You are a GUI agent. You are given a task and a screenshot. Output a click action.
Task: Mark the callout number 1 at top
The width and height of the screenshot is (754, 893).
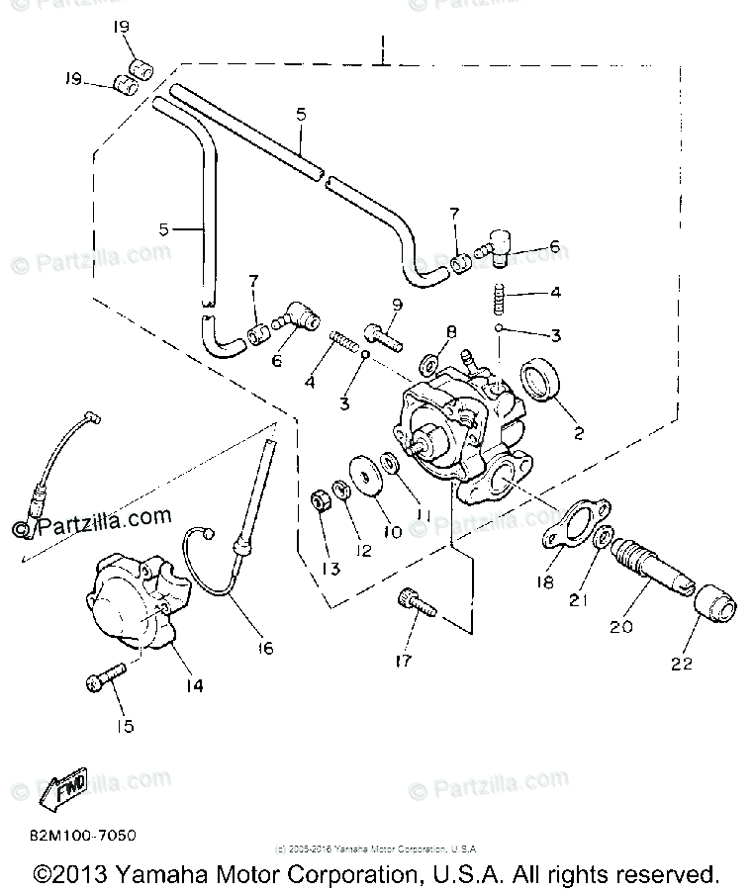pyautogui.click(x=382, y=45)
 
